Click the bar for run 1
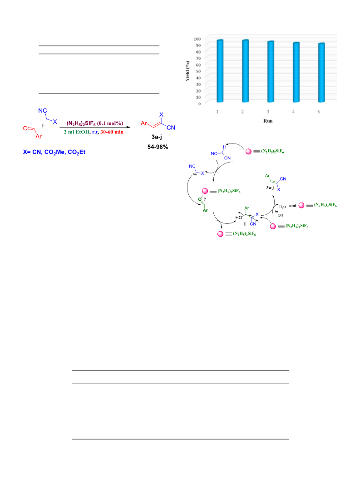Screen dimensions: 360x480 pyautogui.click(x=220, y=71)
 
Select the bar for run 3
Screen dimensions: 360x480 pyautogui.click(x=271, y=72)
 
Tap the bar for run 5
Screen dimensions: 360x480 pyautogui.click(x=321, y=73)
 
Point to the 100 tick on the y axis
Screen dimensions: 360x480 pyautogui.click(x=197, y=39)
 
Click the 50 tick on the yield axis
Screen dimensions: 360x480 pyautogui.click(x=198, y=71)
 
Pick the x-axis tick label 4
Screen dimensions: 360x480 pyautogui.click(x=293, y=112)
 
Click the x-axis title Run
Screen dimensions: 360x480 pyautogui.click(x=268, y=121)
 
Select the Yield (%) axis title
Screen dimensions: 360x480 pyautogui.click(x=187, y=71)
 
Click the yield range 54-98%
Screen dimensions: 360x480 pyautogui.click(x=158, y=147)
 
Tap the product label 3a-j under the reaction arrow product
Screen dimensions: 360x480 pyautogui.click(x=157, y=137)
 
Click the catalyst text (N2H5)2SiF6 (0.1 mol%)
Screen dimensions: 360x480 pyautogui.click(x=95, y=124)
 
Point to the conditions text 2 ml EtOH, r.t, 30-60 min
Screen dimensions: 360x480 pyautogui.click(x=94, y=132)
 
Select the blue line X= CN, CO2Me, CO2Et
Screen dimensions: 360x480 pyautogui.click(x=54, y=152)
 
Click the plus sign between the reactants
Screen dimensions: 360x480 pyautogui.click(x=43, y=126)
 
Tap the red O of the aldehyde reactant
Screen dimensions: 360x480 pyautogui.click(x=25, y=128)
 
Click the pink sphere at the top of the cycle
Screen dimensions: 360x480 pyautogui.click(x=249, y=152)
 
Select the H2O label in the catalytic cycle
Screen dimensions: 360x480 pyautogui.click(x=282, y=207)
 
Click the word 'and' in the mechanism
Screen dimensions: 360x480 pyautogui.click(x=293, y=206)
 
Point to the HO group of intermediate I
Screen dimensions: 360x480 pyautogui.click(x=239, y=218)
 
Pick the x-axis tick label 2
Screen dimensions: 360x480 pyautogui.click(x=242, y=112)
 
